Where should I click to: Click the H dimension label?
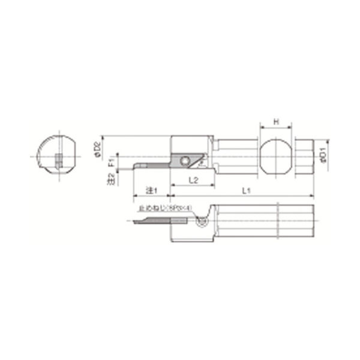[x=275, y=122]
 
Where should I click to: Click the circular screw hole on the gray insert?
[x=185, y=159]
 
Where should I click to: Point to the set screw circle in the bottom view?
[x=202, y=222]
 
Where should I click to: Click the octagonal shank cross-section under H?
[x=275, y=158]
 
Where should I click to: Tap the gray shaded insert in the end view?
[x=58, y=161]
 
